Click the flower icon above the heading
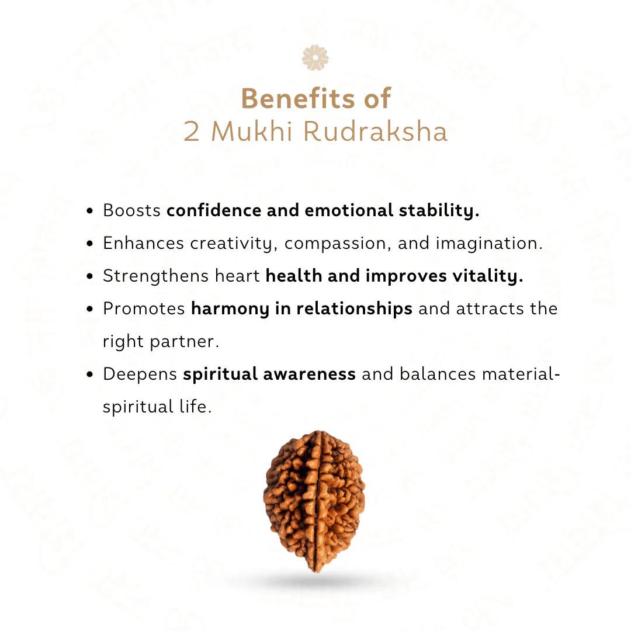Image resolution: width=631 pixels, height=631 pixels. (x=315, y=58)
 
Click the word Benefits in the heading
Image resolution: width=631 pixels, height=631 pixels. (x=291, y=98)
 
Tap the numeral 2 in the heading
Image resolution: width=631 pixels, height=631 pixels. (x=192, y=132)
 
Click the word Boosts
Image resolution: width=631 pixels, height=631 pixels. (x=131, y=210)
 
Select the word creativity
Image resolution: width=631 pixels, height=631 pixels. (x=237, y=244)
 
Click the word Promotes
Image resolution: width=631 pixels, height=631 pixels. (x=144, y=308)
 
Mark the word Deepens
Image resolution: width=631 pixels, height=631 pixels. (x=140, y=374)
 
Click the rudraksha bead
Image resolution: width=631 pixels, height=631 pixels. (x=314, y=501)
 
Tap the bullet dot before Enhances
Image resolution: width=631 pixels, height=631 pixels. (x=90, y=244)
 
